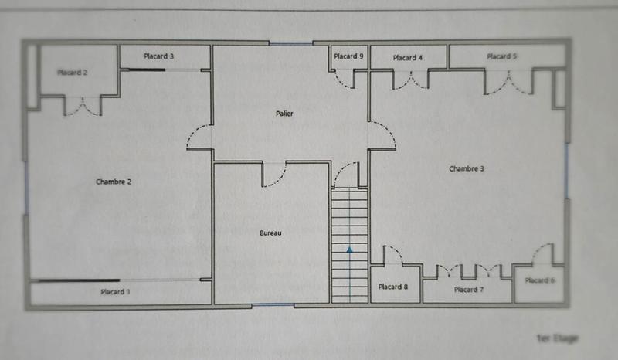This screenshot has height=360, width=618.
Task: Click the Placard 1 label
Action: click(115, 292)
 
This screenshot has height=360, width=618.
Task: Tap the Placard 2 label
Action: click(72, 73)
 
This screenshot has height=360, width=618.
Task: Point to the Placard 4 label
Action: click(407, 58)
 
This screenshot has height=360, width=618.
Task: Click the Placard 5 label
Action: click(501, 56)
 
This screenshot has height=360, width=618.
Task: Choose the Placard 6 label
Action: click(539, 280)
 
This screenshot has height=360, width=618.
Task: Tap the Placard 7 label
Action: click(467, 290)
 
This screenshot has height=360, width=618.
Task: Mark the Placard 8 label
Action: click(393, 287)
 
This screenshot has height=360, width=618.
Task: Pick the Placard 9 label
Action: click(348, 56)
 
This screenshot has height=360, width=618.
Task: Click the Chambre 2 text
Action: click(114, 182)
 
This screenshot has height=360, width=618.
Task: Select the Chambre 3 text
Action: click(467, 168)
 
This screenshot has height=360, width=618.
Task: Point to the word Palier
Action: click(284, 114)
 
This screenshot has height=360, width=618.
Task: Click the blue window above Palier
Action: click(290, 44)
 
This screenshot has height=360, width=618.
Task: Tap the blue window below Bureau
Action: click(273, 305)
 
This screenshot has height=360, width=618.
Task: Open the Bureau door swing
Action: click(274, 175)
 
